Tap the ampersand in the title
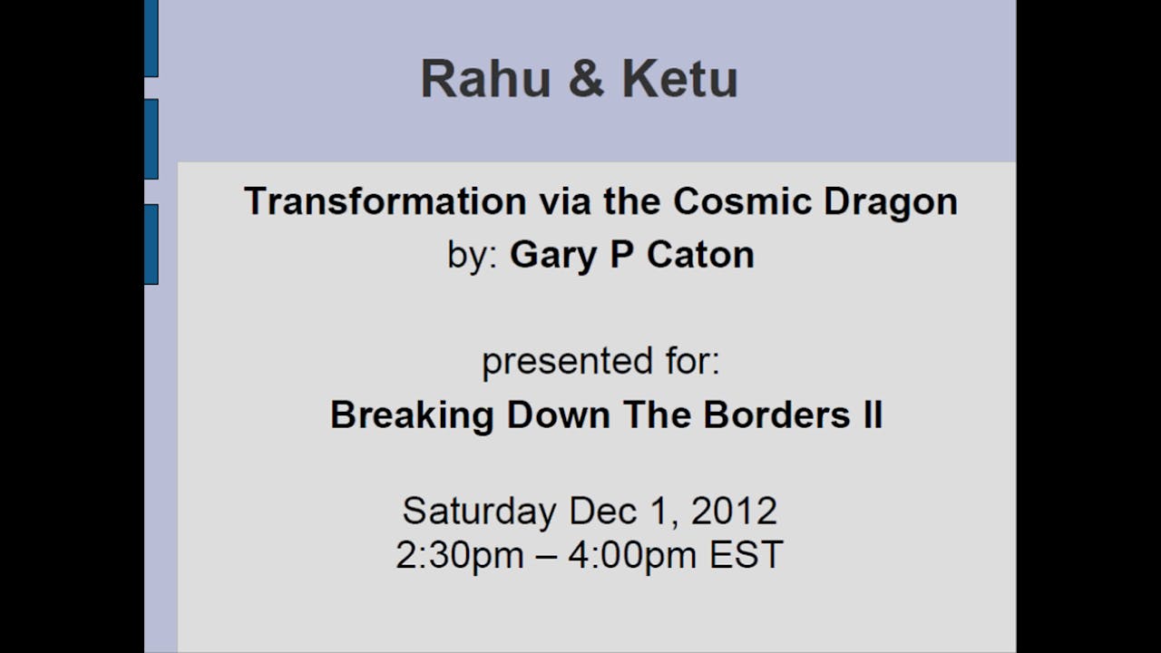(x=586, y=79)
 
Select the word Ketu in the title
(x=679, y=79)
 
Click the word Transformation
(x=385, y=201)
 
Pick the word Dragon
(x=890, y=201)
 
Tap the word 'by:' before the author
(x=472, y=256)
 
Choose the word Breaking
(x=413, y=415)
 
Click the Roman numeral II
(x=871, y=415)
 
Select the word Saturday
(x=479, y=512)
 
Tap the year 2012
(x=734, y=512)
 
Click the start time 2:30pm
(x=459, y=555)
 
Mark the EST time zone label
(x=746, y=555)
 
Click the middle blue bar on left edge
(x=151, y=139)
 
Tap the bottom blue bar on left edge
(x=151, y=244)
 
